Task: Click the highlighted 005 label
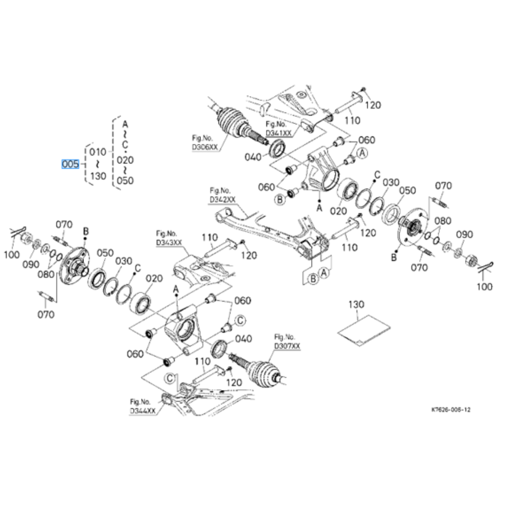point(71,165)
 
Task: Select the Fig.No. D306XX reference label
point(203,143)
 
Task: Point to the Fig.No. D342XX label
point(222,196)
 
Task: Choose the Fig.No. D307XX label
point(287,342)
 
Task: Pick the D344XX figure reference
point(142,407)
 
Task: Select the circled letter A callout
point(361,153)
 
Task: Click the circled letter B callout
point(280,200)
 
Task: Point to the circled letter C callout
point(240,320)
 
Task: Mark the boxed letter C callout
point(170,378)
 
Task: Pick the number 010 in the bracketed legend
point(97,152)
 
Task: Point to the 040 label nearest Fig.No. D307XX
point(243,339)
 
